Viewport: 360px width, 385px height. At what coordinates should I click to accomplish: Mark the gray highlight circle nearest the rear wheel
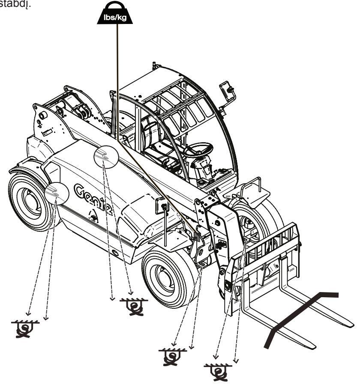pyautogui.click(x=57, y=193)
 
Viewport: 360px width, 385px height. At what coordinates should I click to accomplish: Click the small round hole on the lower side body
pyautogui.click(x=115, y=253)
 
